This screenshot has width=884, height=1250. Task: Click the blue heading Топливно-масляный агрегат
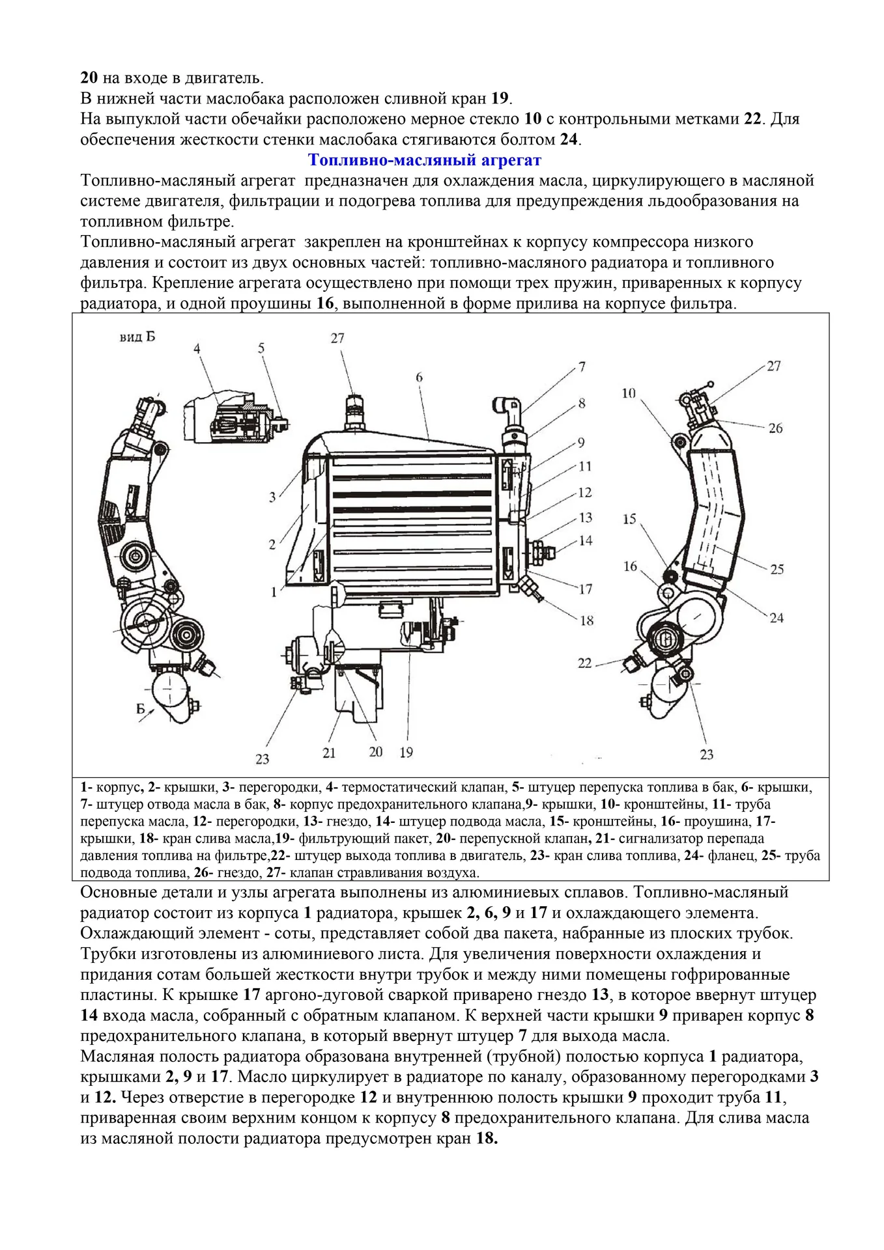coord(424,160)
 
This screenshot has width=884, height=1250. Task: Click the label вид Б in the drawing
coord(137,337)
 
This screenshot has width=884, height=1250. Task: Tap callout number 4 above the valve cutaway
coord(197,349)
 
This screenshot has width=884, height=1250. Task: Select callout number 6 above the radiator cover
coord(419,377)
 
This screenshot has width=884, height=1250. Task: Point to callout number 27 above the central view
coord(337,338)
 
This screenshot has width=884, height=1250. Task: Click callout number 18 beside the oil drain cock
coord(587,620)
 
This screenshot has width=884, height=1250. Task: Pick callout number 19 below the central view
coord(406,753)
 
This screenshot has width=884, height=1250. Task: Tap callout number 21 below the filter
coord(329,753)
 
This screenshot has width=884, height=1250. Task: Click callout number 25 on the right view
coord(777,570)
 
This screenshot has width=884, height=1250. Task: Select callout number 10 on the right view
coord(628,393)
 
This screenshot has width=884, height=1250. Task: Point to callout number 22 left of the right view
coord(584,663)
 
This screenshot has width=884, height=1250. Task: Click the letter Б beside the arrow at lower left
coord(141,709)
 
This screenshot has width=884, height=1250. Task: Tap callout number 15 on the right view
coord(629,519)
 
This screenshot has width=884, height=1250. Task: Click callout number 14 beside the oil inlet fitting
coord(586,540)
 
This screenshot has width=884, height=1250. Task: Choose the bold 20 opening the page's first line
coord(89,78)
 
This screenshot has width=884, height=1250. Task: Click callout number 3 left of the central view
coord(273,498)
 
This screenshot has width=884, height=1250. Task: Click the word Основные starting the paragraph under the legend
coord(115,892)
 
